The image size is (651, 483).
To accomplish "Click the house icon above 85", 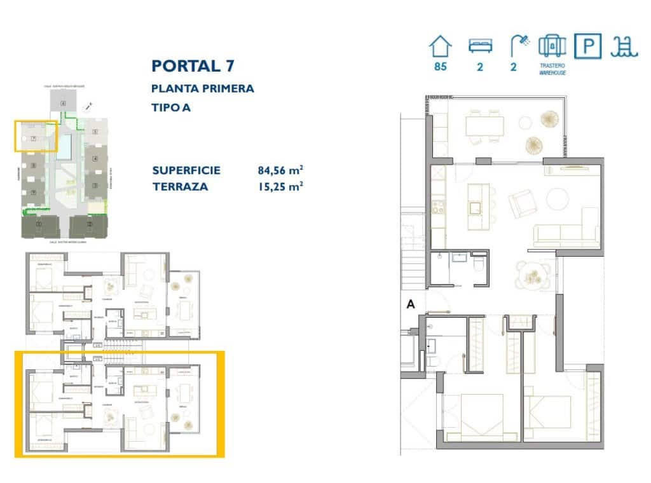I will [440, 46].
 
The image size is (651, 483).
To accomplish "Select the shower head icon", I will [519, 45].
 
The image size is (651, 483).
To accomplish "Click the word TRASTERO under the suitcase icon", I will [552, 65].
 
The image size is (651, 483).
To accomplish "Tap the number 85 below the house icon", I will [440, 67].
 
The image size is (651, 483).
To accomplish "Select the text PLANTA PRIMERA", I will [202, 88].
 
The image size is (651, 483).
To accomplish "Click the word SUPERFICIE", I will [186, 170].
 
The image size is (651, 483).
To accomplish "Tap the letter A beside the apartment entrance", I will [411, 305].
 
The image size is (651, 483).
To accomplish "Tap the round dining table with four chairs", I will [532, 275].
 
